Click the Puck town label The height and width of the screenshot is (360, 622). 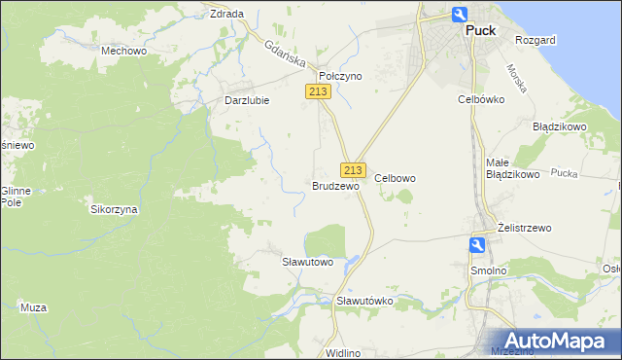point(480,30)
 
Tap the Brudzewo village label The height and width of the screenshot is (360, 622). point(335,185)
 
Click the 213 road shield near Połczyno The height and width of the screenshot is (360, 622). point(318,91)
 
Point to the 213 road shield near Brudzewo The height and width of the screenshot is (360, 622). point(353,168)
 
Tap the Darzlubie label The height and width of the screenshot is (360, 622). point(246,99)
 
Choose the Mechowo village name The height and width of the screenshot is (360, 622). point(123,50)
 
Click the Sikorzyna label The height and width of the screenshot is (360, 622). point(115,209)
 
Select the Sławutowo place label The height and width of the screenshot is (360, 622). point(307,262)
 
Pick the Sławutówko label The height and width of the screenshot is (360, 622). point(364,301)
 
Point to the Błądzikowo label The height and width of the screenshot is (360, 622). point(559,126)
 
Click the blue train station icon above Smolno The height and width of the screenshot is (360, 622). point(478,246)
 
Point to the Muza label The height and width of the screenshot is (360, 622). point(33,307)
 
